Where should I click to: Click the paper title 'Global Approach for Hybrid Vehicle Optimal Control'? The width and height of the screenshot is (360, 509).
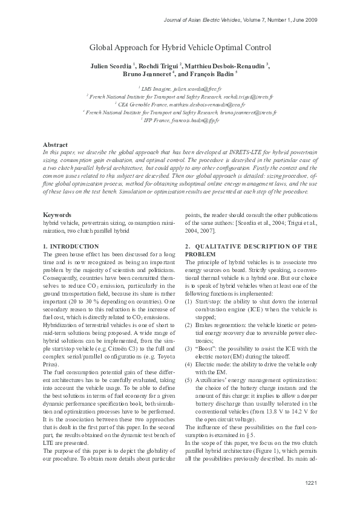[180, 47]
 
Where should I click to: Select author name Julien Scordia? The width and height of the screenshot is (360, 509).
[112, 65]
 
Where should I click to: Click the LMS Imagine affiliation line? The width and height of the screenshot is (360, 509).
[180, 88]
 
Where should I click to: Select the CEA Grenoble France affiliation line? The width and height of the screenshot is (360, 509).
[180, 104]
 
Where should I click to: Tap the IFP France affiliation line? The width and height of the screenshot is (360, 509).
[180, 120]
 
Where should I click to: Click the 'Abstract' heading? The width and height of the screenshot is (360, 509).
[55, 145]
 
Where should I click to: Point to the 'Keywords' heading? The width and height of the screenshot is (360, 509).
[57, 215]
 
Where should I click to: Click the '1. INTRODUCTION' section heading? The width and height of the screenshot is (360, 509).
[71, 246]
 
